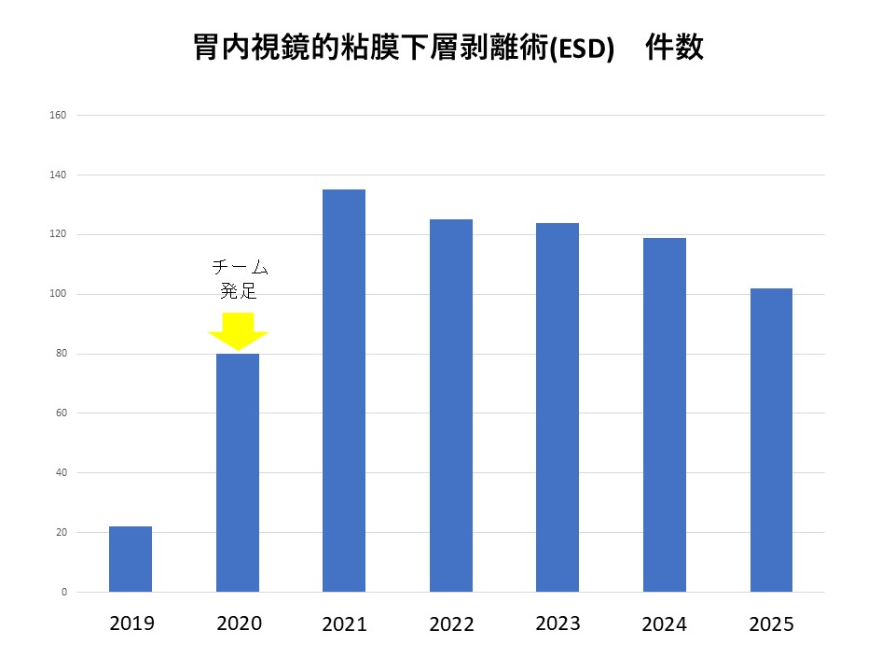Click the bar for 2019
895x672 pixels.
pos(131,559)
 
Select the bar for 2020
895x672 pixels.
pos(238,472)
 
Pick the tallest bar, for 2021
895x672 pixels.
pos(344,390)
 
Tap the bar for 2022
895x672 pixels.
pos(451,405)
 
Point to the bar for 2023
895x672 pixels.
pos(558,407)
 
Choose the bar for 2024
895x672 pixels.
pos(665,414)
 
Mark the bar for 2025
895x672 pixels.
pos(771,440)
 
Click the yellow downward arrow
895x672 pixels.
pos(238,330)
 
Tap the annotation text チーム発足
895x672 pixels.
pos(238,279)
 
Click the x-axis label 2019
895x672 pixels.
pos(131,623)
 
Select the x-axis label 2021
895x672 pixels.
pos(345,624)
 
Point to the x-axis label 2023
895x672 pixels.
pos(558,623)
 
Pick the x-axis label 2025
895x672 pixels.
pos(772,624)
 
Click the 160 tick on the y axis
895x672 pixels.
pos(58,116)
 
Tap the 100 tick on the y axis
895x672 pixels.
pos(58,294)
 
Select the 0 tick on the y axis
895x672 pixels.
pos(63,592)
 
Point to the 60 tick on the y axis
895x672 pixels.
pos(61,413)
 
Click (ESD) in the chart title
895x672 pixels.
pos(582,49)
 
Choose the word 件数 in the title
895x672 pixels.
pos(675,48)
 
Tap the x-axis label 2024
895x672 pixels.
pos(665,624)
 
